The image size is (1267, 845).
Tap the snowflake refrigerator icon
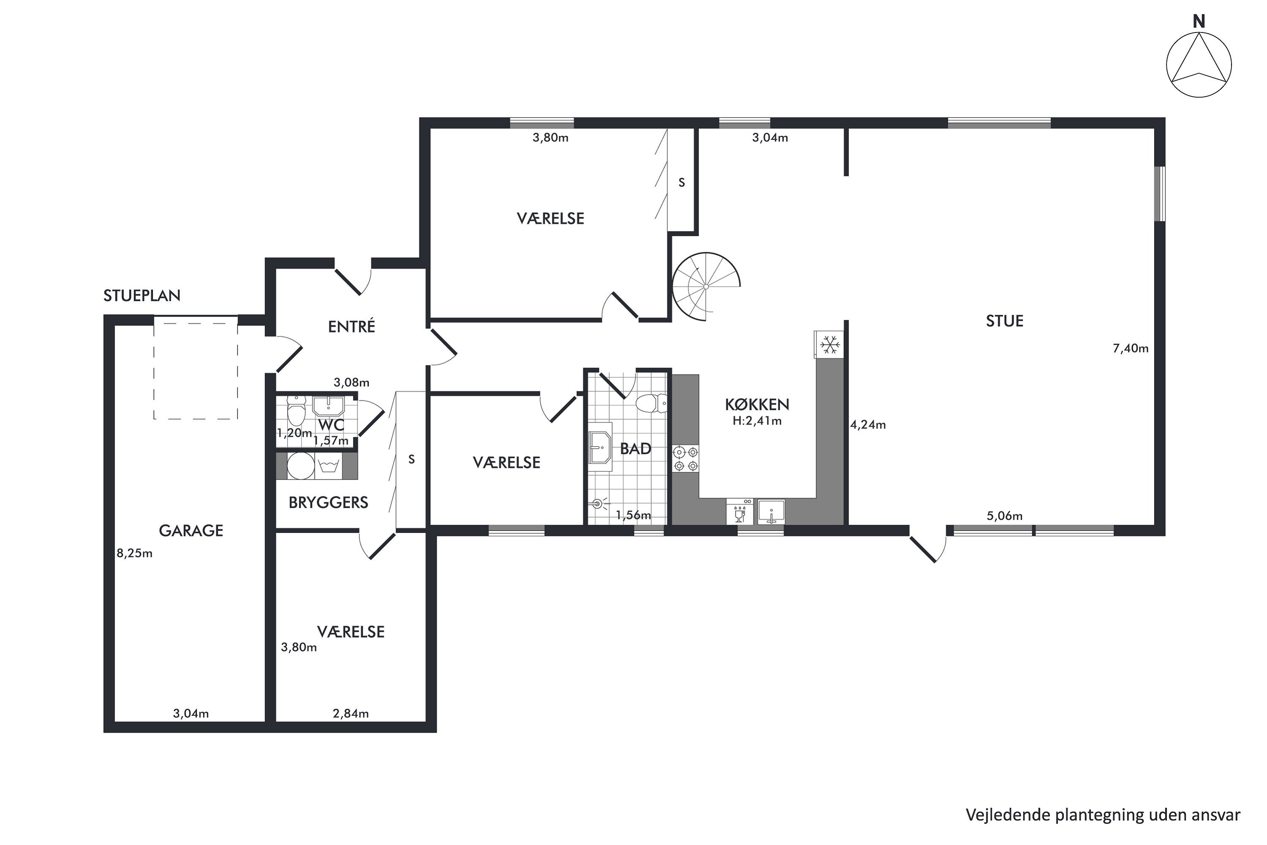[829, 344]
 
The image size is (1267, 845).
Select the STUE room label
[1005, 321]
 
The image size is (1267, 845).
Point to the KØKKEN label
[757, 405]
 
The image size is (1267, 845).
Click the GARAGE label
[191, 531]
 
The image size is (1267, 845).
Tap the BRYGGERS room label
[329, 503]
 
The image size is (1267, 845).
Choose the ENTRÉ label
[352, 326]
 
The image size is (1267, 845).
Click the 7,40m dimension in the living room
[1131, 349]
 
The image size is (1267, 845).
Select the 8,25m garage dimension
[135, 553]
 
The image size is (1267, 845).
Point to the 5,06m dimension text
[1005, 516]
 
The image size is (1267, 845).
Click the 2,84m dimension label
[351, 714]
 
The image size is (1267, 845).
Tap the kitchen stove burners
[686, 458]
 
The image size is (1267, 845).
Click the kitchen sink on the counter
[772, 512]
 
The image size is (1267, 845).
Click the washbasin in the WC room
[329, 406]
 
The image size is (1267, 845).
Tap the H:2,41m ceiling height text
[757, 421]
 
